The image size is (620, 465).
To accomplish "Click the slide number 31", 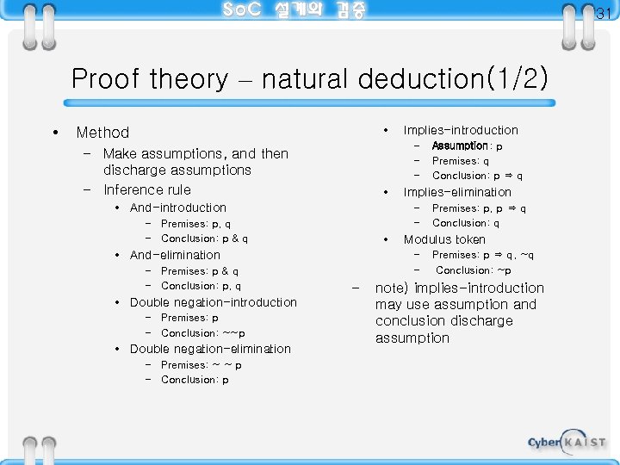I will [602, 13].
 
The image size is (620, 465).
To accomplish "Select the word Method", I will [102, 133].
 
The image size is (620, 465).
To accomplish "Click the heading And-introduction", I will [178, 208].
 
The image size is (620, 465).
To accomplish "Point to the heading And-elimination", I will [175, 255].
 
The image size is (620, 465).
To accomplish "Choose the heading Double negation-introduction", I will [213, 302].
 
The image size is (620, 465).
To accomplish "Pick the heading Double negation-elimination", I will [210, 349].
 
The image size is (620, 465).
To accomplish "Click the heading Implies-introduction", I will [461, 130].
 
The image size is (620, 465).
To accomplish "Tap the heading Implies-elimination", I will [457, 192].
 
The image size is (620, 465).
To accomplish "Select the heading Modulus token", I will [444, 239].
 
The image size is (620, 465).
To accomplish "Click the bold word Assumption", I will [460, 146].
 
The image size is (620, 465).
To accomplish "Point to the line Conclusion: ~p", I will [474, 270].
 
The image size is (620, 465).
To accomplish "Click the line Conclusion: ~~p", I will [202, 333].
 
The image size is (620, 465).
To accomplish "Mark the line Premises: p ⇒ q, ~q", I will [483, 255].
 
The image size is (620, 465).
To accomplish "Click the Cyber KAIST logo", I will [566, 442].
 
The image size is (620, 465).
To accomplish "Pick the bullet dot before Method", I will [56, 133].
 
